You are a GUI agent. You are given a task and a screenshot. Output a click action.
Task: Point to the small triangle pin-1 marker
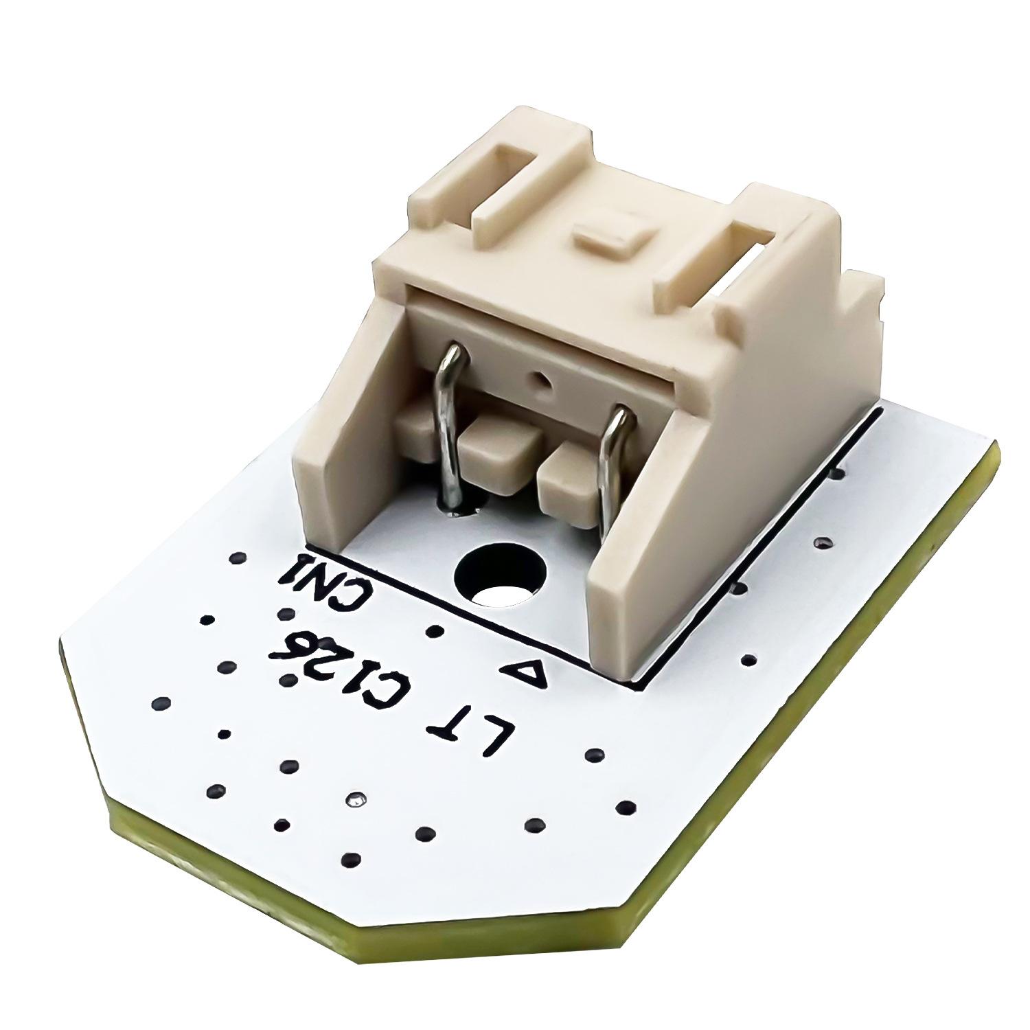(525, 672)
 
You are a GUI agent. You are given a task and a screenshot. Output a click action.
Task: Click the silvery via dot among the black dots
(356, 799)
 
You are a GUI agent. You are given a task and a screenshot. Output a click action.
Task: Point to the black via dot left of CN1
(237, 558)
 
